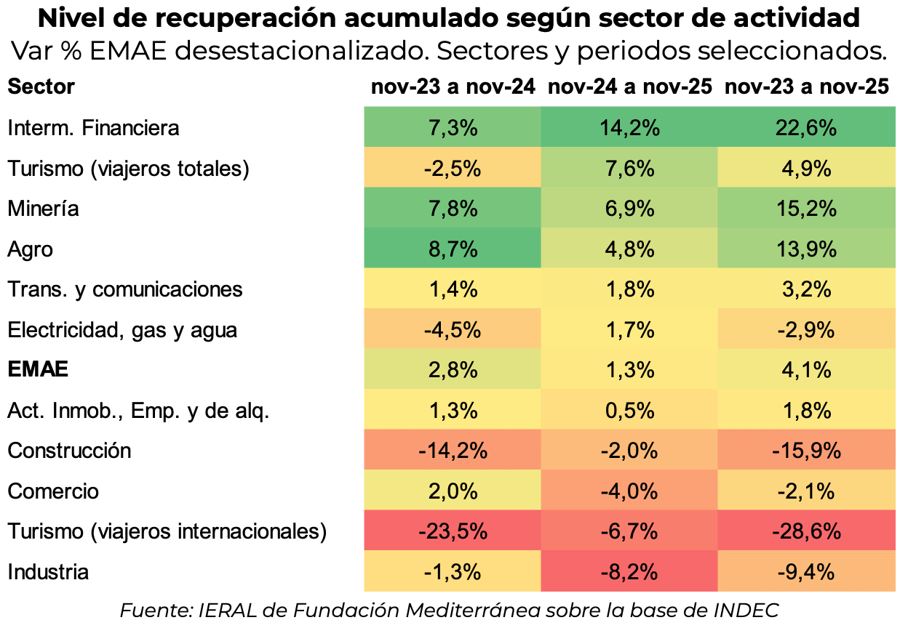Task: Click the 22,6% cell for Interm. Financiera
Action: click(x=807, y=129)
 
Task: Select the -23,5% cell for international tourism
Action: click(x=452, y=531)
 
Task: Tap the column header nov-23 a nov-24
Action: click(x=453, y=87)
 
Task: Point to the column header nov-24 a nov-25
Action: click(x=629, y=87)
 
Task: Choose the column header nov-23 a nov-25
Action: click(x=807, y=87)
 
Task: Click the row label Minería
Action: click(x=43, y=209)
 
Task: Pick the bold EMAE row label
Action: click(x=38, y=370)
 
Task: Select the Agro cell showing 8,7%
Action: click(x=452, y=249)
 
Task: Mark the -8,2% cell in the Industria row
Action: click(x=629, y=572)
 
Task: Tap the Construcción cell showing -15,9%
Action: click(x=807, y=451)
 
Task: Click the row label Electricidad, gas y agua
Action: click(x=122, y=330)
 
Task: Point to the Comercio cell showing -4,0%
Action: click(x=629, y=491)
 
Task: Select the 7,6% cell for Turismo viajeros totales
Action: click(x=629, y=169)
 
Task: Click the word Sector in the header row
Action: click(x=41, y=87)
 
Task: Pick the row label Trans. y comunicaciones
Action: click(x=124, y=289)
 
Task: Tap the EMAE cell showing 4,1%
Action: click(x=807, y=370)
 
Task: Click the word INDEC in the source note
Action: click(x=754, y=610)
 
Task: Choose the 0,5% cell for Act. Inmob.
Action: click(x=629, y=411)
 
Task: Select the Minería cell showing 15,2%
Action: click(x=807, y=209)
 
